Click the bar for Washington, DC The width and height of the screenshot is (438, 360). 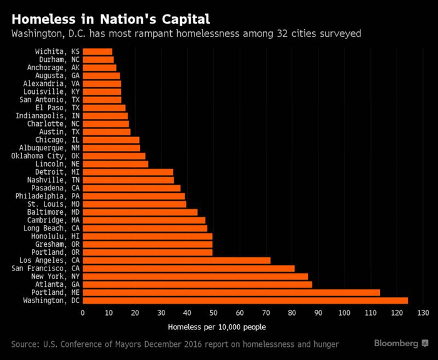tap(245, 301)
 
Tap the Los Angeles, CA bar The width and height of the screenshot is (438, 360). tap(176, 260)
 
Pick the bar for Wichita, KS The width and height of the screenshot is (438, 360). tap(97, 52)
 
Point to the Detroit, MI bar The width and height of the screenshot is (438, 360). tap(128, 172)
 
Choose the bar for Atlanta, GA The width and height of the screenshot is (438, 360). tap(197, 284)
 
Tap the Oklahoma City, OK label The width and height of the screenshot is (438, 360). tap(45, 156)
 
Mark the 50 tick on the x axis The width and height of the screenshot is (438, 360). tap(213, 313)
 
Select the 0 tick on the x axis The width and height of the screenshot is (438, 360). tap(83, 313)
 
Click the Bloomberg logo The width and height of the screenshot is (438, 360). tap(400, 344)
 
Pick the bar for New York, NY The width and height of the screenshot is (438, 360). tap(195, 276)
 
